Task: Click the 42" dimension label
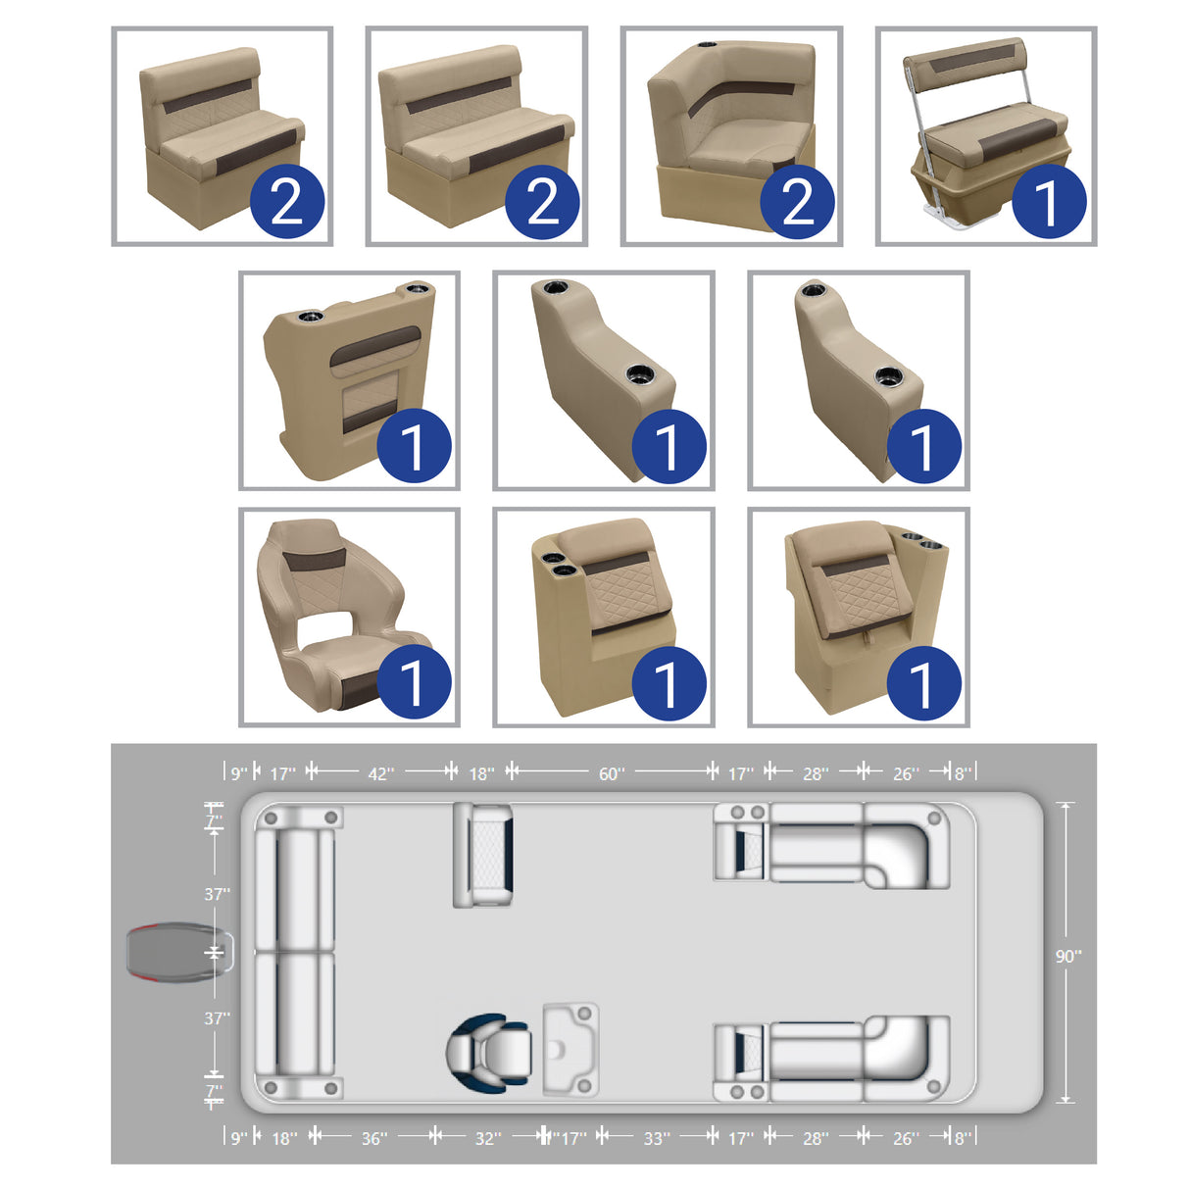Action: (x=380, y=773)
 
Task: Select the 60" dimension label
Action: (x=611, y=773)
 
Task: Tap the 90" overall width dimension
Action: (x=1067, y=956)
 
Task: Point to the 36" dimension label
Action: (x=373, y=1138)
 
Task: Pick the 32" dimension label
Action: (x=487, y=1138)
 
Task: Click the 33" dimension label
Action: (x=656, y=1138)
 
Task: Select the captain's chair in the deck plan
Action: (x=490, y=1054)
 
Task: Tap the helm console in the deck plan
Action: (x=570, y=1049)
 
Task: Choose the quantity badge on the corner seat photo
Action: (x=797, y=203)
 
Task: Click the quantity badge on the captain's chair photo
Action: (x=413, y=682)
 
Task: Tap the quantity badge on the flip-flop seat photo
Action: (x=1048, y=203)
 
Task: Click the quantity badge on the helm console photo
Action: (x=413, y=447)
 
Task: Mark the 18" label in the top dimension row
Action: (x=481, y=773)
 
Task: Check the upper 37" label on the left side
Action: (x=217, y=894)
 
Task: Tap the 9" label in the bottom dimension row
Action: (x=239, y=1138)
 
